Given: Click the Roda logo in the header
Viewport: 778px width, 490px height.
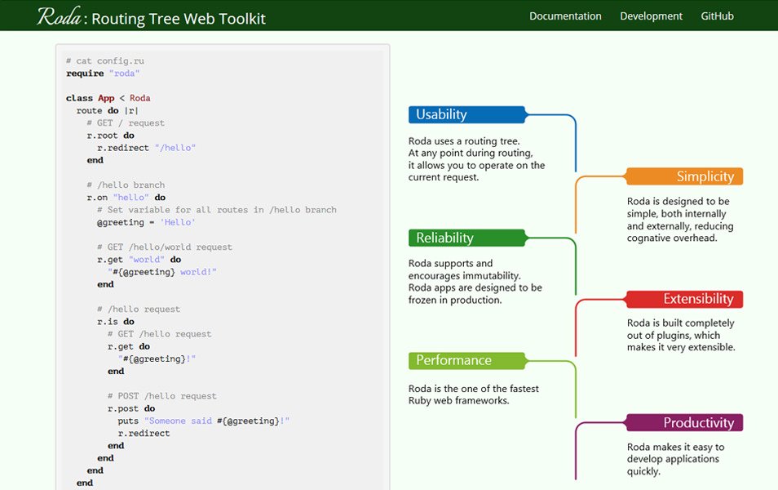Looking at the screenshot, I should coord(59,16).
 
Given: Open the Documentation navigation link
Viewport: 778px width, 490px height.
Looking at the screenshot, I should coord(565,16).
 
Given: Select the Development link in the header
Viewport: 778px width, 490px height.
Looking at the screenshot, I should coord(651,16).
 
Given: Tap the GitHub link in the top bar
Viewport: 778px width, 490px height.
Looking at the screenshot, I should coord(717,16).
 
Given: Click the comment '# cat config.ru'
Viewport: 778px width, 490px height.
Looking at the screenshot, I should coord(105,61).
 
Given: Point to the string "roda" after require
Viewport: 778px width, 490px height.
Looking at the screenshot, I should coord(124,73).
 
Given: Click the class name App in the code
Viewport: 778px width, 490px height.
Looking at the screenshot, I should coord(106,98).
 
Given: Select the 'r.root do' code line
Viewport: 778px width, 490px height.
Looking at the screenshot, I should coord(110,136).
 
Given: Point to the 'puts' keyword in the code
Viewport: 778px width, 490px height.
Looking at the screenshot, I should coord(128,421).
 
